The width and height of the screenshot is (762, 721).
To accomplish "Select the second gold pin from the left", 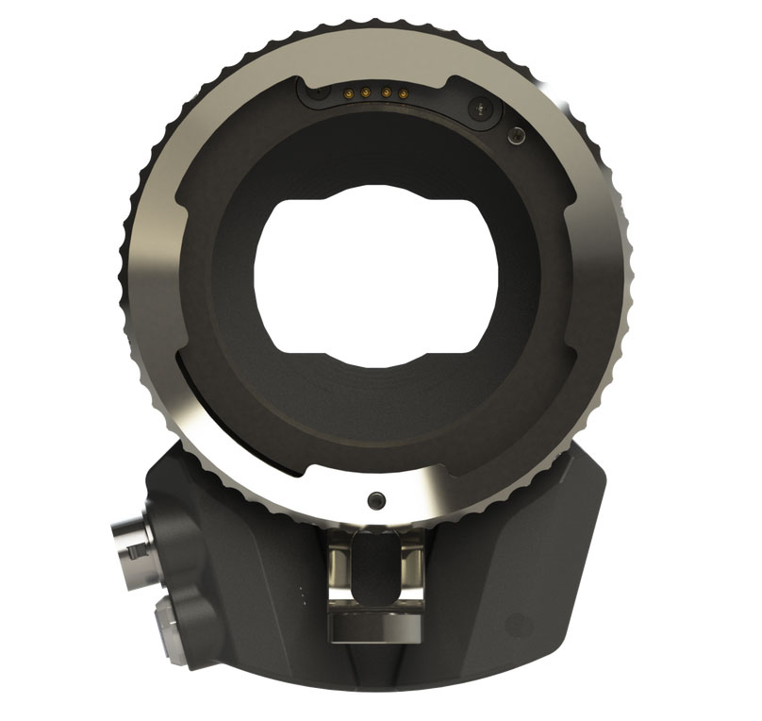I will tap(367, 93).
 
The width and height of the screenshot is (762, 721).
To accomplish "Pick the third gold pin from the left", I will tap(385, 93).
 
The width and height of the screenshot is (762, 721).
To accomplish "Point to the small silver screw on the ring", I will tap(514, 138).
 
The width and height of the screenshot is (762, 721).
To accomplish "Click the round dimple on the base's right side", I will tap(516, 624).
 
